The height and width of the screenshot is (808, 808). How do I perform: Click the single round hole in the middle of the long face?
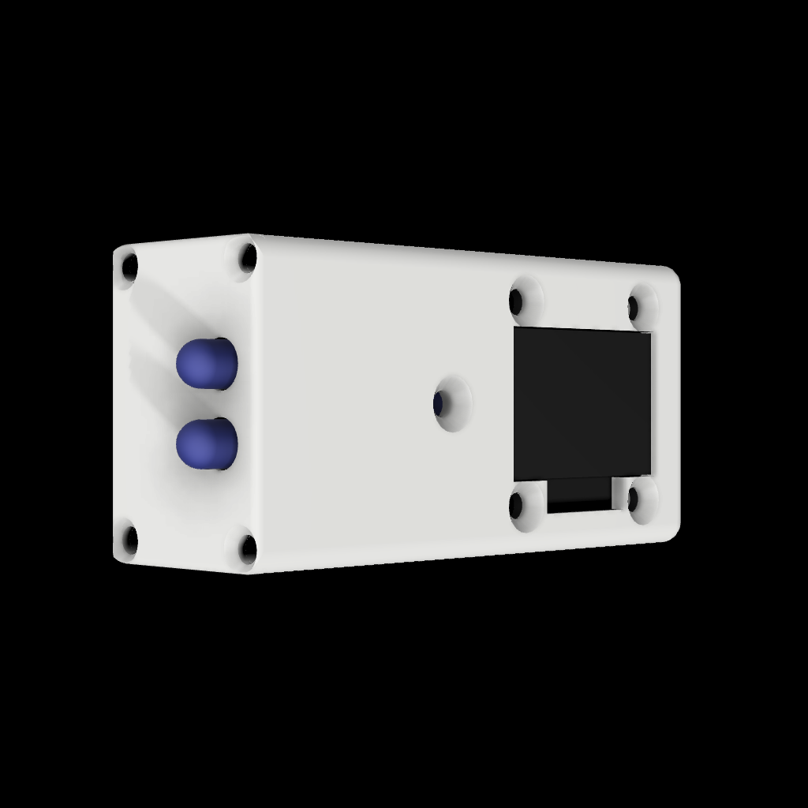point(439,405)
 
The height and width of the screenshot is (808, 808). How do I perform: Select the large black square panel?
point(582,404)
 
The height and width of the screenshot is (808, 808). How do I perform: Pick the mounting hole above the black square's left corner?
point(517,301)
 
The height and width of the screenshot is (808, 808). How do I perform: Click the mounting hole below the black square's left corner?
point(517,503)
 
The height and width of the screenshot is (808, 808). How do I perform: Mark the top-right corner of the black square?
point(651,334)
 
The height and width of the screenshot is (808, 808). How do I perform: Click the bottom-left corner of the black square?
point(515,481)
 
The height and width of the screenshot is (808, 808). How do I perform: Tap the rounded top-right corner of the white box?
point(672,274)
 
